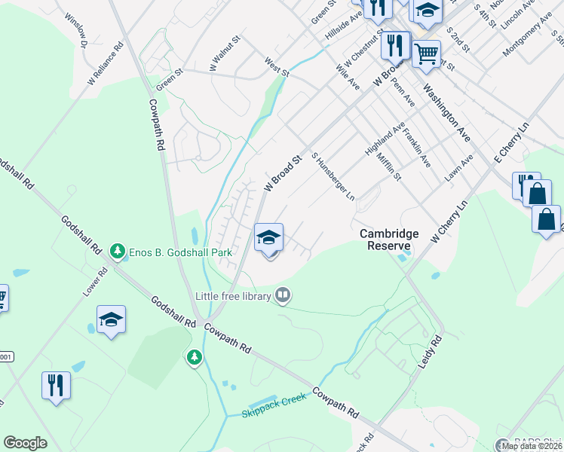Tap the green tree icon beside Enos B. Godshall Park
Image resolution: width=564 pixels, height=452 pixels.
117,250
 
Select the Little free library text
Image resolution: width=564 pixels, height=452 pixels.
233,297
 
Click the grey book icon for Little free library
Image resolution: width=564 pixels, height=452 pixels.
283,295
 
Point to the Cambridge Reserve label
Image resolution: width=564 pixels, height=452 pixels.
389,240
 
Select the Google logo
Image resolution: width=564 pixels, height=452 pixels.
25,442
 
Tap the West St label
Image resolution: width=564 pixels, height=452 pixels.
277,66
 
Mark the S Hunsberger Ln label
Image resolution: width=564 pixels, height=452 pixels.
333,179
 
